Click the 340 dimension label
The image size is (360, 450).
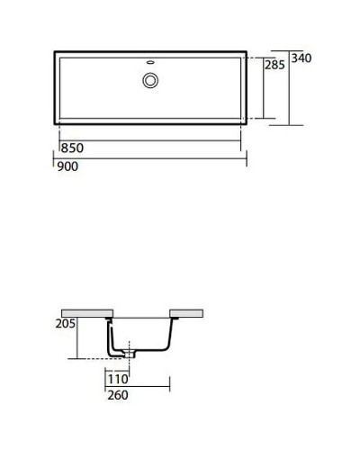[x=301, y=58]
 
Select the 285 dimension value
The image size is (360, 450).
[x=274, y=65]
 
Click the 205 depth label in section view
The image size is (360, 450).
[x=63, y=324]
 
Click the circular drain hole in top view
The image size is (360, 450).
[x=149, y=80]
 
